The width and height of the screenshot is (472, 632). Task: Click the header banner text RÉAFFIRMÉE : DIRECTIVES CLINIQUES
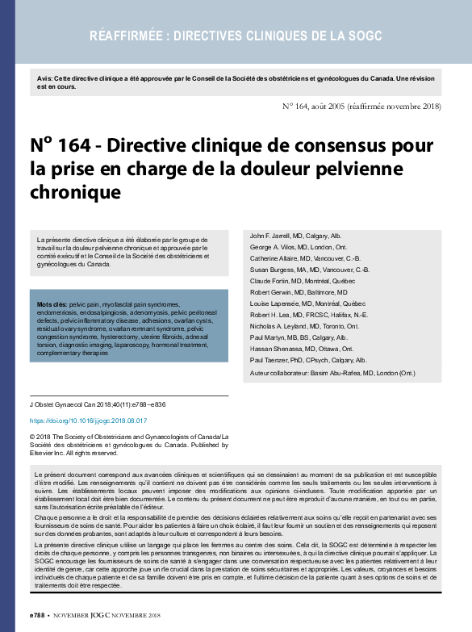pos(236,36)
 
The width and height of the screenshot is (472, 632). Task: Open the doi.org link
pos(88,421)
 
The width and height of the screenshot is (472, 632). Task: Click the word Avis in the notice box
pos(45,77)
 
